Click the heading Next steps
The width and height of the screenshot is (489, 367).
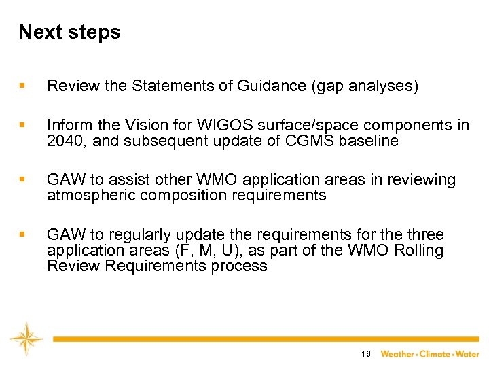(x=69, y=33)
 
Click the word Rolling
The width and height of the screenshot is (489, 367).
(x=419, y=250)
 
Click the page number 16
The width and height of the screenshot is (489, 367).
(x=366, y=354)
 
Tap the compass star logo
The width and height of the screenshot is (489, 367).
(x=26, y=338)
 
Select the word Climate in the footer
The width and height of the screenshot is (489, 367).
(x=435, y=354)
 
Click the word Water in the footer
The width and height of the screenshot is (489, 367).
(x=467, y=354)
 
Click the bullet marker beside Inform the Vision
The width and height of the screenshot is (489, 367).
(x=23, y=126)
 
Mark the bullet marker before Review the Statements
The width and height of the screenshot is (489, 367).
(x=23, y=86)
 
